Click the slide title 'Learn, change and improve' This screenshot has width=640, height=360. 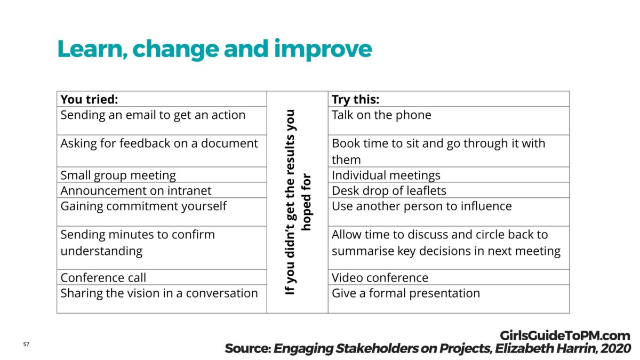pyautogui.click(x=214, y=49)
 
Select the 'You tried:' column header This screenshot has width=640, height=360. pyautogui.click(x=89, y=100)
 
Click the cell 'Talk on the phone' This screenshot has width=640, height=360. pyautogui.click(x=381, y=115)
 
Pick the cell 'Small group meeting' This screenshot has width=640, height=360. pyautogui.click(x=118, y=175)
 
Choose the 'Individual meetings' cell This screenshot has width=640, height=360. pyautogui.click(x=386, y=175)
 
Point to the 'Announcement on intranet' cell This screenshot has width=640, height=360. pyautogui.click(x=135, y=191)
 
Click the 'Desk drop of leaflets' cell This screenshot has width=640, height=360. pyautogui.click(x=389, y=191)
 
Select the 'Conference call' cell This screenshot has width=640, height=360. pyautogui.click(x=103, y=278)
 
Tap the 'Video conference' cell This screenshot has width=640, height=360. pyautogui.click(x=380, y=278)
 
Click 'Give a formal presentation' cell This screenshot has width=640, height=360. pyautogui.click(x=405, y=293)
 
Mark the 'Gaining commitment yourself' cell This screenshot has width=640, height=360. pyautogui.click(x=143, y=206)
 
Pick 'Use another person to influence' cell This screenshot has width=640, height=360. pyautogui.click(x=421, y=206)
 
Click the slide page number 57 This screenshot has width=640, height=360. pyautogui.click(x=26, y=345)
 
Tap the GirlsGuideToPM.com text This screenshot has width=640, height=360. pyautogui.click(x=565, y=336)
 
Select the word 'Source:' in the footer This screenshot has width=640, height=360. pyautogui.click(x=247, y=349)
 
